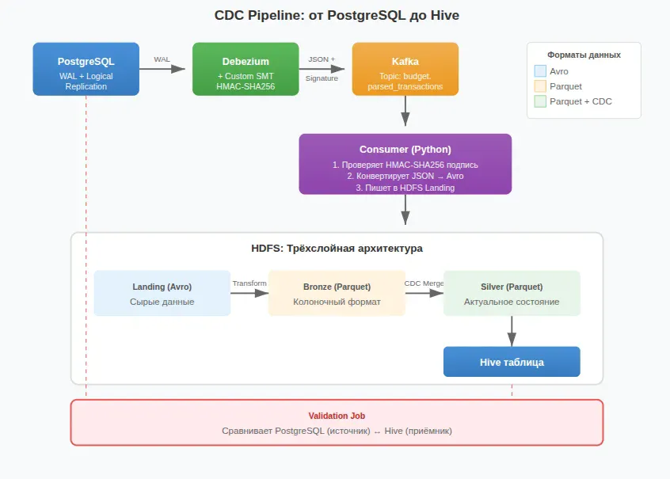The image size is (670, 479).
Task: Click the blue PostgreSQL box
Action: tap(86, 69)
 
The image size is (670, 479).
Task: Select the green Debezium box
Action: tap(246, 69)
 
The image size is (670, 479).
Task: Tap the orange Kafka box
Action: tap(405, 69)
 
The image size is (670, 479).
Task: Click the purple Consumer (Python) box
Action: tap(405, 164)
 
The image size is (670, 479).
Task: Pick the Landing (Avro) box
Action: tap(162, 293)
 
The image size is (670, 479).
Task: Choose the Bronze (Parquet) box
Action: tap(337, 293)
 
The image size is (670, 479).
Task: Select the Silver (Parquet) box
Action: tap(512, 293)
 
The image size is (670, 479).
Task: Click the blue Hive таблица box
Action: tap(512, 362)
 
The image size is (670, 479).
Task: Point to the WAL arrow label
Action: tap(162, 59)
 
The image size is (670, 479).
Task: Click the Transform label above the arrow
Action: tap(249, 283)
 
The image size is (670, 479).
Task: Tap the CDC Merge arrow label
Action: tap(424, 283)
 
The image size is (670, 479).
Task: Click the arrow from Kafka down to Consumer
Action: tap(405, 110)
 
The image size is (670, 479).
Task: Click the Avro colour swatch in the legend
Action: tap(540, 71)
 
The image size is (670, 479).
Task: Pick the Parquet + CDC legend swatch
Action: tap(540, 101)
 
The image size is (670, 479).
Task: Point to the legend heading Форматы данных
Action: tap(584, 55)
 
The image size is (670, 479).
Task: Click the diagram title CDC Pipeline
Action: tap(335, 15)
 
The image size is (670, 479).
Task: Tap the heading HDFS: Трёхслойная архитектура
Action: tap(337, 249)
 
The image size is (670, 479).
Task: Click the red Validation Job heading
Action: tap(337, 415)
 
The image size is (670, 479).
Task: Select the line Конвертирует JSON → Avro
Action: tap(405, 176)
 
